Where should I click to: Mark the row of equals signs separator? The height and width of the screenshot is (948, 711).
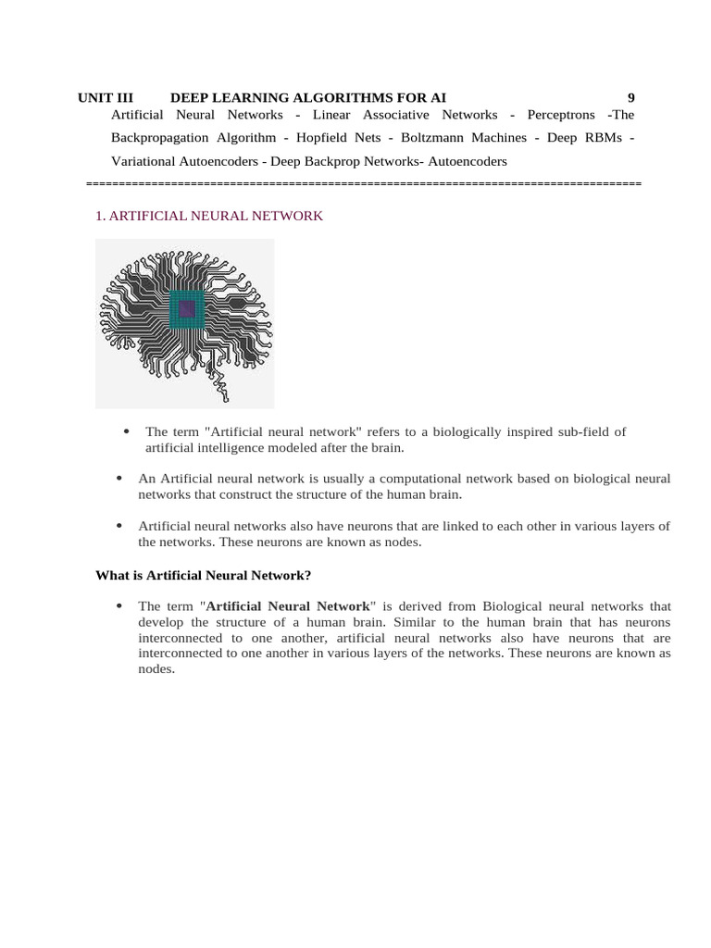363,184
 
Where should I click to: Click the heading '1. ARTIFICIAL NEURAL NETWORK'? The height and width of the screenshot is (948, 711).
209,216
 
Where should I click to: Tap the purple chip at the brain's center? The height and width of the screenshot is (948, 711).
186,309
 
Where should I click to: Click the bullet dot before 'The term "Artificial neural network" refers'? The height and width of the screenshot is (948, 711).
125,431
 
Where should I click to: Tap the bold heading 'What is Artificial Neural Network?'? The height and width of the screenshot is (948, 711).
204,575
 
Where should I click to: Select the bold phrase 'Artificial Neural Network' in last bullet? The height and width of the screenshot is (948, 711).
287,606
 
